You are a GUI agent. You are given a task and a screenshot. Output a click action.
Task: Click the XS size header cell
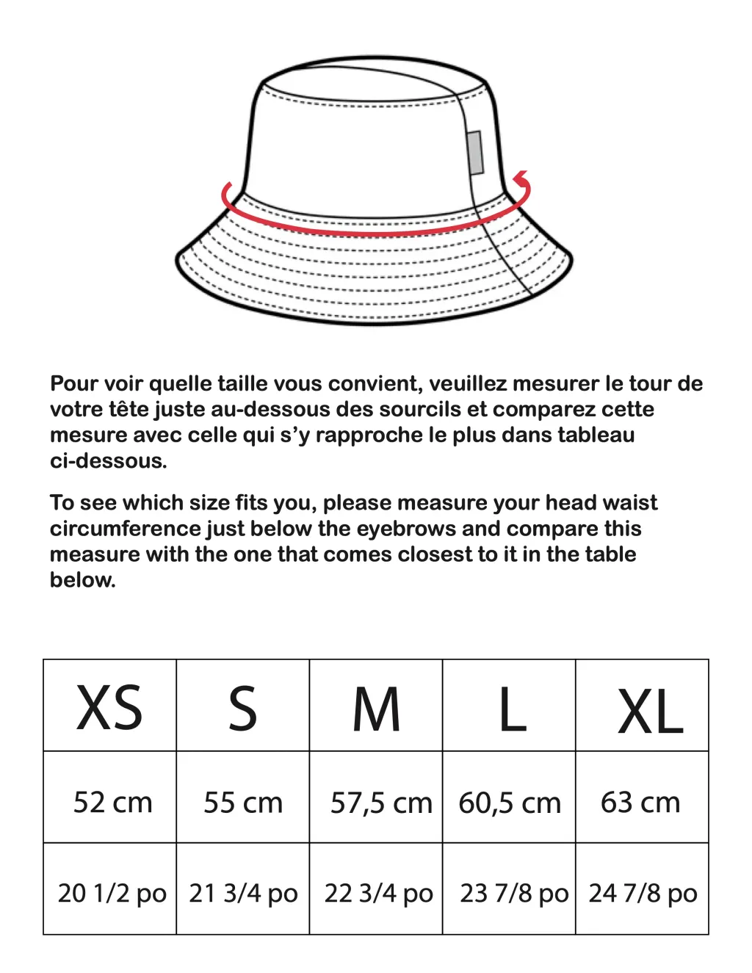point(109,707)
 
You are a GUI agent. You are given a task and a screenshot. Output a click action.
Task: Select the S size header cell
point(242,707)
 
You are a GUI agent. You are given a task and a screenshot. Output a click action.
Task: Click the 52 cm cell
point(112,802)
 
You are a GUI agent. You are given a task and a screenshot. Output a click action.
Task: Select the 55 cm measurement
point(243,802)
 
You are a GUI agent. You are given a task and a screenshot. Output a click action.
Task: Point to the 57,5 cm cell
point(380,803)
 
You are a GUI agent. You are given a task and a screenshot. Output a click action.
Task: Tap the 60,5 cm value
point(510,803)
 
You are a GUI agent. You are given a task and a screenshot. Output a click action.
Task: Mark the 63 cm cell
point(640,802)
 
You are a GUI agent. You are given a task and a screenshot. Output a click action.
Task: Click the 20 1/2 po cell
point(112,893)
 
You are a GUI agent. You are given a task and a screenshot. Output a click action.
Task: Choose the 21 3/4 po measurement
point(243,893)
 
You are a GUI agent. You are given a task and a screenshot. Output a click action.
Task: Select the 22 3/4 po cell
point(378,893)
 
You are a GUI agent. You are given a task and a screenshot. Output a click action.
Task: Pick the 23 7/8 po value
point(514,893)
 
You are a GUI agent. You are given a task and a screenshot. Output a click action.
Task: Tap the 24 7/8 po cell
point(643,893)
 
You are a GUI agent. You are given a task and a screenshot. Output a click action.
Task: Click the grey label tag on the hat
point(475,153)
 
